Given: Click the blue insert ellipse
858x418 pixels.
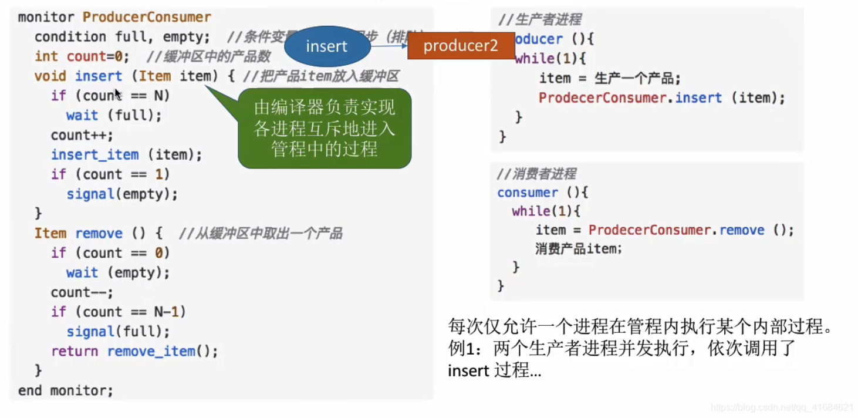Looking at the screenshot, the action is pyautogui.click(x=327, y=46).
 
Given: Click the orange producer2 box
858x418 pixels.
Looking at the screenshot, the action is pyautogui.click(x=460, y=46).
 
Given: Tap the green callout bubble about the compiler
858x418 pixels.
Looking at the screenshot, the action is pyautogui.click(x=325, y=128).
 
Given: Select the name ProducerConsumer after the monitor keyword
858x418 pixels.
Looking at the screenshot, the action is pyautogui.click(x=147, y=17).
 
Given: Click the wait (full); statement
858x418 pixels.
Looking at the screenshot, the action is pyautogui.click(x=114, y=115).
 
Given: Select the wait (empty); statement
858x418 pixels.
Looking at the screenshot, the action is pyautogui.click(x=117, y=272).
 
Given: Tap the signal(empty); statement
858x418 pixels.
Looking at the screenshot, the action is pyautogui.click(x=121, y=194).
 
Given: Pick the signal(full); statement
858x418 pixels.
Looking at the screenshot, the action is pyautogui.click(x=118, y=332).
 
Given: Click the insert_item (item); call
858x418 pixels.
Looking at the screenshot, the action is pyautogui.click(x=126, y=155).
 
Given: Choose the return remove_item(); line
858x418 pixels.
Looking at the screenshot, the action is pyautogui.click(x=134, y=351).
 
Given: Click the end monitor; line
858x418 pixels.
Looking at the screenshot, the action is pyautogui.click(x=65, y=390).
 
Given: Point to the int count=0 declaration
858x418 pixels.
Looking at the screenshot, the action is pyautogui.click(x=82, y=56).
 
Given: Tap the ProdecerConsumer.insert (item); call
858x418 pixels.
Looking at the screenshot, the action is pyautogui.click(x=661, y=97).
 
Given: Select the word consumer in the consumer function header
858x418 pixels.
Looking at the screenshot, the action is pyautogui.click(x=528, y=193).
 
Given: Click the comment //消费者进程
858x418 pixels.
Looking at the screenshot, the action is pyautogui.click(x=536, y=174).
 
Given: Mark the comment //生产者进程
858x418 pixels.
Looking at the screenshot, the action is pyautogui.click(x=539, y=20).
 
